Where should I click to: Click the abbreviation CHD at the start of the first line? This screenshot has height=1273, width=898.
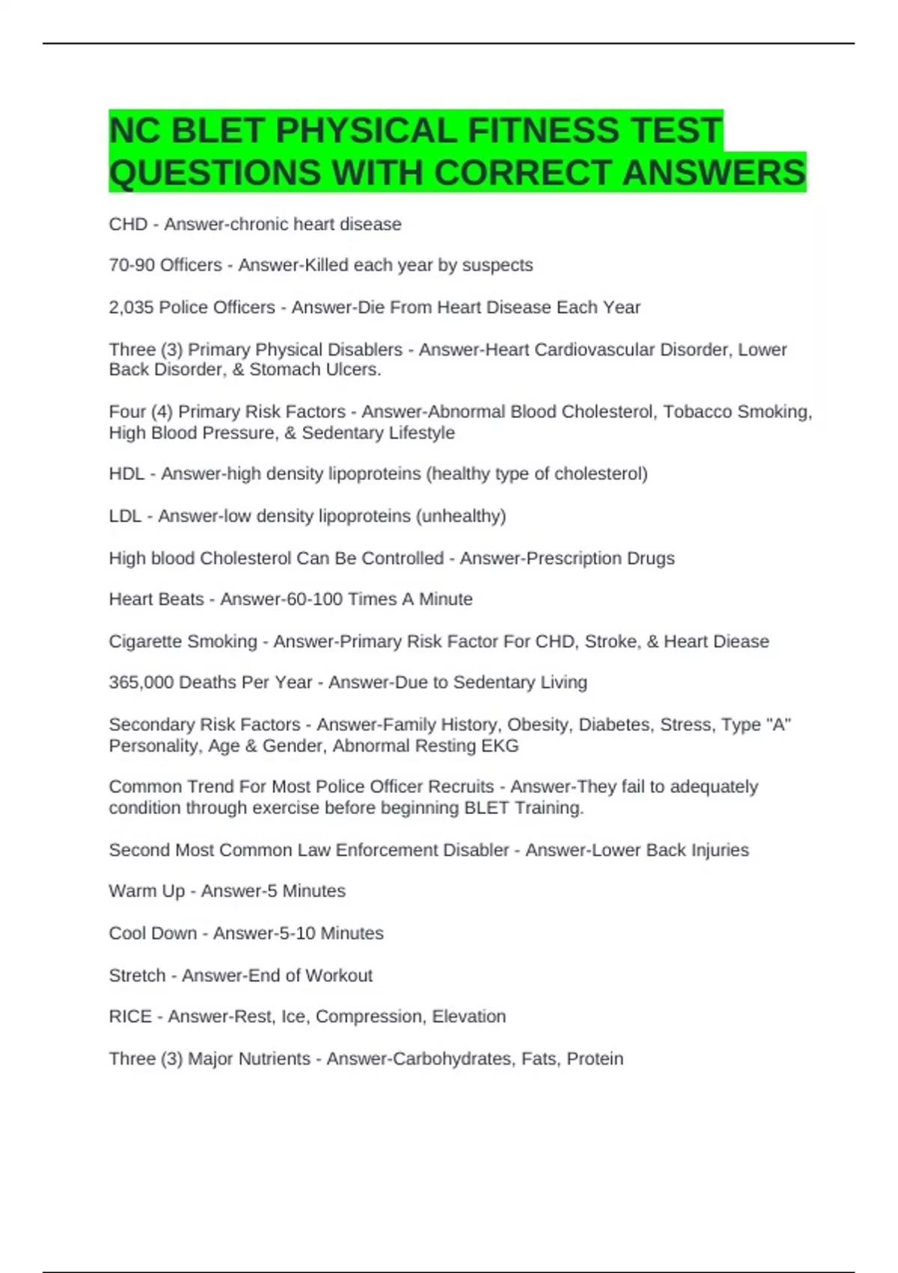coord(128,224)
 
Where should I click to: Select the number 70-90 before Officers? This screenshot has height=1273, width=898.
coord(132,265)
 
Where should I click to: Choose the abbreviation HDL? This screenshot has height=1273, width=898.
coord(126,474)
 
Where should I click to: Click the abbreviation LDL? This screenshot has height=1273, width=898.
coord(125,516)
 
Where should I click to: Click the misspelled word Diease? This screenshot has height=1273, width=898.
coord(742,641)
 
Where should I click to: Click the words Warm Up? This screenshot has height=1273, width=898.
coord(147,891)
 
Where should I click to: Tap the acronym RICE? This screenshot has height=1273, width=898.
coord(130,1016)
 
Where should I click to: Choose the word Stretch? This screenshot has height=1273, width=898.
coord(137,975)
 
